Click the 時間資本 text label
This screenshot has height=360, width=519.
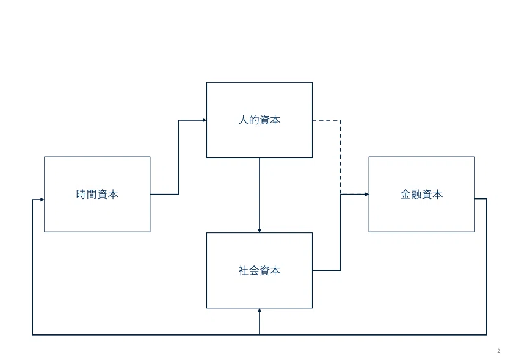coord(97,194)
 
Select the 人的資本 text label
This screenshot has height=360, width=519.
coord(259,120)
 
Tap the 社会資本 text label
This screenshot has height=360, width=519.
coord(259,270)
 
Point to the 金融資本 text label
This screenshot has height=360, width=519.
coord(421,194)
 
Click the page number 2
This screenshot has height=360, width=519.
coord(499,351)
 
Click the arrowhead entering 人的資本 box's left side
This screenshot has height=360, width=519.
coord(205,120)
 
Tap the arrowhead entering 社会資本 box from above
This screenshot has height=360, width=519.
coord(259,231)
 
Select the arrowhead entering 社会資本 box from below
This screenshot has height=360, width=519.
coord(259,311)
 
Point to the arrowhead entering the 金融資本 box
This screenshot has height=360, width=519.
coord(367,195)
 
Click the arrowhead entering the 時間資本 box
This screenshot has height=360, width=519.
coord(42,200)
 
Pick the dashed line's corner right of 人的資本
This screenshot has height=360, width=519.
coord(341,120)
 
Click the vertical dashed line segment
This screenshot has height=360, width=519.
coord(341,157)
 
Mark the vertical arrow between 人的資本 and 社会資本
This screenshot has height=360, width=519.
coord(259,195)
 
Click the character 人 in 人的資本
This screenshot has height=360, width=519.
coord(244,120)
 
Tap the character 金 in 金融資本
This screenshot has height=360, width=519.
coord(406,194)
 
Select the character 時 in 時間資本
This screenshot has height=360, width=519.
coord(81,194)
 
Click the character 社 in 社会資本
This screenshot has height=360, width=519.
coord(244,270)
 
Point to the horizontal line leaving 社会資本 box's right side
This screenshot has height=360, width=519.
coord(327,270)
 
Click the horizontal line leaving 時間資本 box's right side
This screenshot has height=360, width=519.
coord(164,194)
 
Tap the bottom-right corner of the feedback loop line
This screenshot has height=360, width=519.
coord(486,334)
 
